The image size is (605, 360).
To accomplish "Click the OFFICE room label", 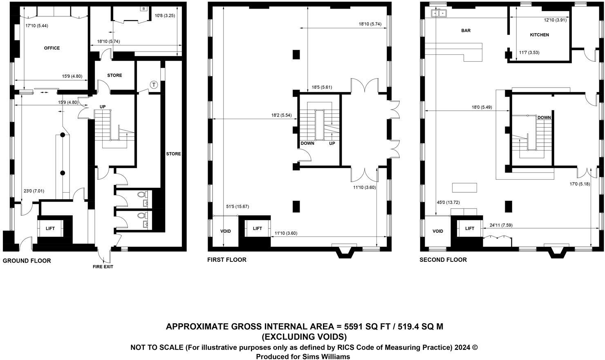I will click(x=52, y=48).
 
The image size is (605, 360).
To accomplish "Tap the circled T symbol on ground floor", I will click(x=154, y=85).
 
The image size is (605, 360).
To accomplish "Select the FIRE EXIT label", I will click(x=103, y=267).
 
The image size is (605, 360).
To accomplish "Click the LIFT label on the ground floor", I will click(x=50, y=228).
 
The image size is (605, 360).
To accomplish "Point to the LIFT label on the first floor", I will click(x=257, y=228).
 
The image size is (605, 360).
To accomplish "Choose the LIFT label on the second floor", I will click(x=470, y=228).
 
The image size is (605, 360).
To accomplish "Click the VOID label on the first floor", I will click(x=226, y=231).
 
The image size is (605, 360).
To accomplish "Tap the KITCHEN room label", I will click(x=539, y=35).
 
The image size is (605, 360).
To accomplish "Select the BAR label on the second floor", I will click(x=466, y=31).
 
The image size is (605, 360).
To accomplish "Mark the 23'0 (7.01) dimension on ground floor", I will click(x=34, y=191).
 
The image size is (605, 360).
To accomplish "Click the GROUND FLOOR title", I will click(x=27, y=261).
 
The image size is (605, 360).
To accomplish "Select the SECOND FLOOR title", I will click(x=443, y=260).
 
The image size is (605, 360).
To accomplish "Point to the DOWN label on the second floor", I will click(x=544, y=118).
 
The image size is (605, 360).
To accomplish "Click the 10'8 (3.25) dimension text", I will click(x=165, y=16).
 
